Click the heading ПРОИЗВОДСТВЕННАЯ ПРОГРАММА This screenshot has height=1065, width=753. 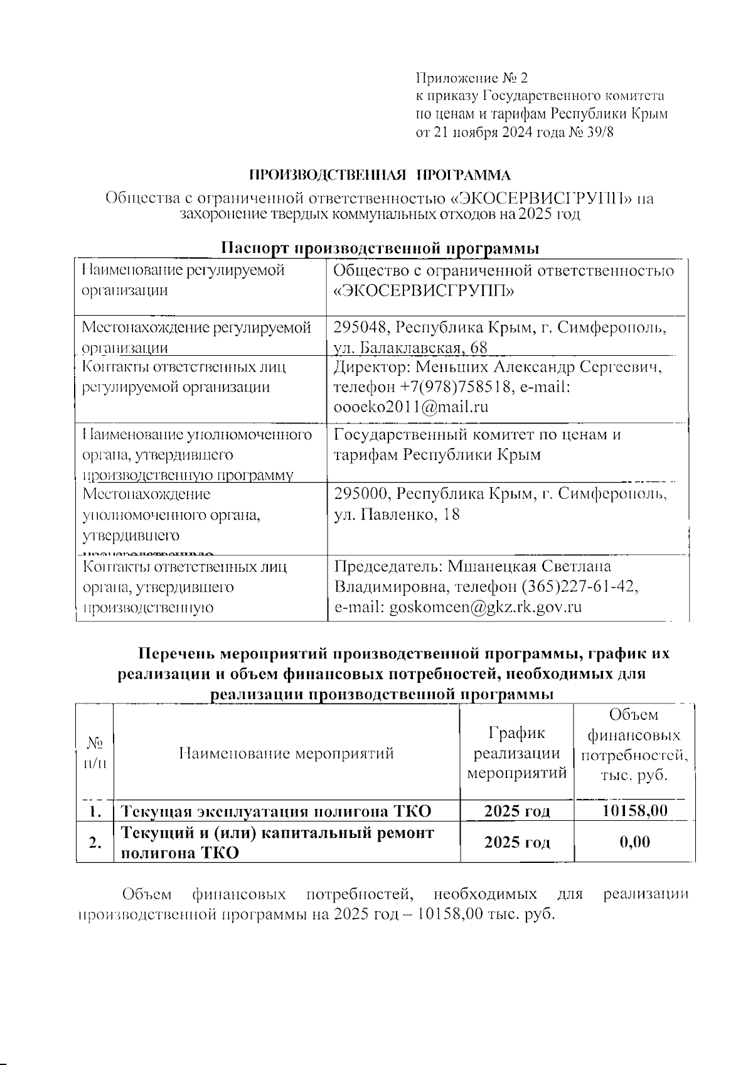click(380, 175)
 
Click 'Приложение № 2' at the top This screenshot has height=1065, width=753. click(473, 78)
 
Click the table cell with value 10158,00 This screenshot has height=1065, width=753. click(634, 810)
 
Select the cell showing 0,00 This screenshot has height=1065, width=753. click(634, 842)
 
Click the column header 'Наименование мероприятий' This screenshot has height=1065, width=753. click(286, 752)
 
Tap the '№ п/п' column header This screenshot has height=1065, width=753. click(95, 752)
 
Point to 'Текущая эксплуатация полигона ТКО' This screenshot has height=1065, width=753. click(275, 811)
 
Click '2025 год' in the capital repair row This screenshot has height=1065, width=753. click(517, 842)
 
